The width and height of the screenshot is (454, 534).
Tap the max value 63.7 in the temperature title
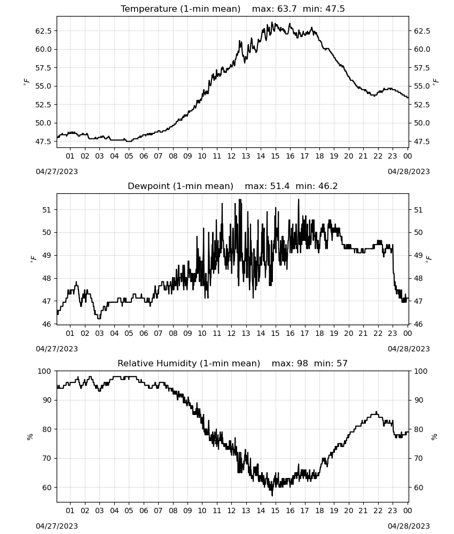pos(287,9)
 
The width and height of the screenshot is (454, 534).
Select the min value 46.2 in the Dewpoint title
pos(328,186)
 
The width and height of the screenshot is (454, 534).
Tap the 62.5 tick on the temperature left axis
pos(44,31)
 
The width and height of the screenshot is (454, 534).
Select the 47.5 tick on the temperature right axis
pos(422,142)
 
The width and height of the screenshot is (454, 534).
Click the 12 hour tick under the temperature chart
pos(232,156)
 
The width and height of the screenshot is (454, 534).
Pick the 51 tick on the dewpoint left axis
pos(46,210)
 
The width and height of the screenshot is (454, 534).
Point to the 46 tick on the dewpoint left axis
pos(46,324)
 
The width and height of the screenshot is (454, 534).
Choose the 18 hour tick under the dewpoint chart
pos(319,333)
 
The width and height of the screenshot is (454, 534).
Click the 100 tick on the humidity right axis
pos(421,371)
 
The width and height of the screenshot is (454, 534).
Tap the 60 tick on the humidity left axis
pos(46,488)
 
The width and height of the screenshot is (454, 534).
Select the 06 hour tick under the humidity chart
pos(144,511)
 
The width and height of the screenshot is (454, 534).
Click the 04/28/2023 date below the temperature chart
pos(409,171)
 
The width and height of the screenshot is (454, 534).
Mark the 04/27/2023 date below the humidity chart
pos(57,526)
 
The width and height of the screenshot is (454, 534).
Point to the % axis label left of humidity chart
pos(30,437)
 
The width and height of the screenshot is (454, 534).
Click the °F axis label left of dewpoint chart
pos(33,259)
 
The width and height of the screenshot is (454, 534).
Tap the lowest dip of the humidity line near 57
pos(272,496)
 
